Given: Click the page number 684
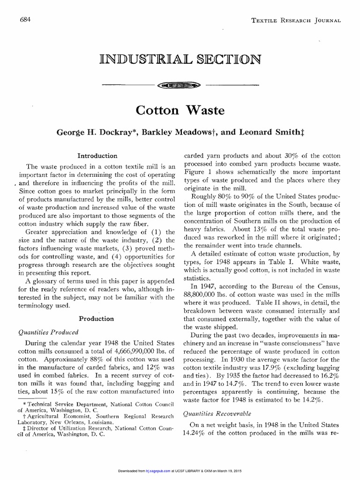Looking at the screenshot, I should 25,19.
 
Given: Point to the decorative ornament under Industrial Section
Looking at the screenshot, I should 180,85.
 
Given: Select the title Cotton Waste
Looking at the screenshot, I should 180,111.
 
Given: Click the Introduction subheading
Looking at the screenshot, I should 97,156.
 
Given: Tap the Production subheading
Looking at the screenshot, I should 97,318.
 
